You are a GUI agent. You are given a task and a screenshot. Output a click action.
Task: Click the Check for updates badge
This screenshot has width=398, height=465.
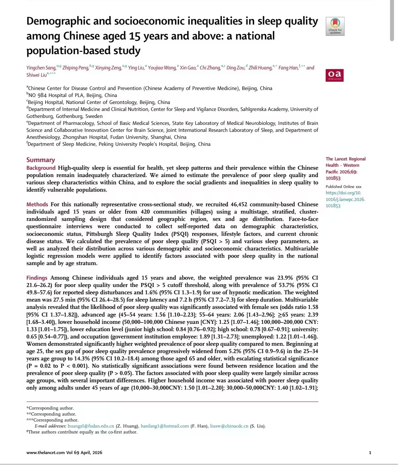[335, 26]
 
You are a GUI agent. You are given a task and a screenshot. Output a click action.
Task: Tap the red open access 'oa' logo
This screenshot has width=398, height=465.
[334, 75]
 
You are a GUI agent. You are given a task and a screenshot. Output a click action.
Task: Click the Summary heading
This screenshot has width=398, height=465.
[40, 160]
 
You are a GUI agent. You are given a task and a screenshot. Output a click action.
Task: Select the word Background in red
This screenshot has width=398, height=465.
[41, 168]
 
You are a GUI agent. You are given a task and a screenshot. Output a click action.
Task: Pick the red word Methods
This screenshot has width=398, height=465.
[37, 204]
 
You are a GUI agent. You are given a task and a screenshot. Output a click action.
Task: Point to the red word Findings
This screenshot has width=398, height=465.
[37, 278]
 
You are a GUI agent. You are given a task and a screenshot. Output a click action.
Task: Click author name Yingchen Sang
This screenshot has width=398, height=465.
[41, 68]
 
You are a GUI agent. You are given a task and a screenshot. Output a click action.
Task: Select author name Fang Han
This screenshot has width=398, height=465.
[288, 68]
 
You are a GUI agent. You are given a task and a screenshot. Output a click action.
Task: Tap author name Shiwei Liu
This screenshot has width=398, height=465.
[36, 75]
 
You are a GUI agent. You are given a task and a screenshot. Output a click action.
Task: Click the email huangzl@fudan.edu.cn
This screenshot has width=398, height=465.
[91, 426]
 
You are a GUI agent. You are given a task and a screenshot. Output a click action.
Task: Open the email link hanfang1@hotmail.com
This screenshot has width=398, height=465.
[165, 426]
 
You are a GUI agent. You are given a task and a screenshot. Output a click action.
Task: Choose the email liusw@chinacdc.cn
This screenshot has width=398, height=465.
[229, 426]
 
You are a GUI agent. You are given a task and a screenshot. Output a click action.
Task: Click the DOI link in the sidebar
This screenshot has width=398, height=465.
[345, 199]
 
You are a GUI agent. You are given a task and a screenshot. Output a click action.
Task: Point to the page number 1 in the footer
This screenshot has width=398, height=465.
[370, 452]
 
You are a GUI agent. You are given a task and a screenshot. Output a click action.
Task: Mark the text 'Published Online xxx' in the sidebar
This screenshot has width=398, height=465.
[343, 187]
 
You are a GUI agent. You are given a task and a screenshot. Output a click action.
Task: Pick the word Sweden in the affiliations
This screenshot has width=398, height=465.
[94, 116]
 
